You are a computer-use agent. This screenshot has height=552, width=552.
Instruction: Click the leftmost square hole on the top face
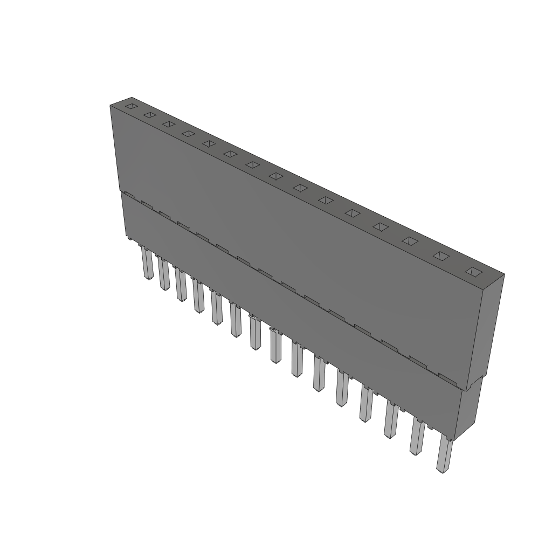(131, 106)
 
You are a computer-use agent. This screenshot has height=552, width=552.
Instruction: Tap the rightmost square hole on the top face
(473, 271)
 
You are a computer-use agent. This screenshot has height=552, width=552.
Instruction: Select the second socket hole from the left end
(149, 115)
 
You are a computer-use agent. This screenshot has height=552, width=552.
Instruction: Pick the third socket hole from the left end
(168, 124)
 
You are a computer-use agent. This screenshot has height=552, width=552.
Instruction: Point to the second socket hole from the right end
(441, 256)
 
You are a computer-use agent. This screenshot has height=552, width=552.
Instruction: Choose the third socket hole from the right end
(411, 240)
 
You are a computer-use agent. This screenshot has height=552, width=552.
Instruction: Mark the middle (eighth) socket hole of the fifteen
(277, 176)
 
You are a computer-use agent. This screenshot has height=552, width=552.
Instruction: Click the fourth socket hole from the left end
(188, 133)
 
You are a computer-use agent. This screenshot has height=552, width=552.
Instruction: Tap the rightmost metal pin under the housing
(444, 456)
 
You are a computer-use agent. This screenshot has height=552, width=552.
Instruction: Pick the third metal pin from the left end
(180, 286)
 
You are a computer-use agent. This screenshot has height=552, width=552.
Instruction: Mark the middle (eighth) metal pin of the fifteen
(275, 348)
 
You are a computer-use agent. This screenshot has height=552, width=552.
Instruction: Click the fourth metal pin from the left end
(198, 296)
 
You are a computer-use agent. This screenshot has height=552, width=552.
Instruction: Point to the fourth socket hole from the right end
(381, 226)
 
